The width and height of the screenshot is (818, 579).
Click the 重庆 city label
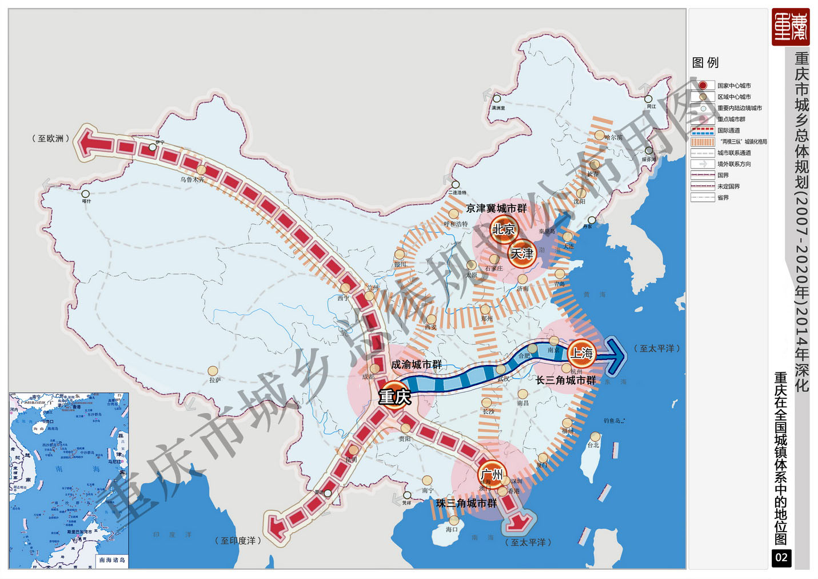[x=394, y=396]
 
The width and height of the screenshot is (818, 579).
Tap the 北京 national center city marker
[x=504, y=229]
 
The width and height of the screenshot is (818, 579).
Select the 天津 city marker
[x=522, y=253]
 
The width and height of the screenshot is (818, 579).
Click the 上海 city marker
[x=582, y=353]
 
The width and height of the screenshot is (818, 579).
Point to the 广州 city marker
[x=492, y=474]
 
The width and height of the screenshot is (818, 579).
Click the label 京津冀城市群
[x=496, y=208]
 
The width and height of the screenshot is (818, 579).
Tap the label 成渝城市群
[x=416, y=364]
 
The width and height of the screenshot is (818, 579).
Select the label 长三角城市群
[x=565, y=380]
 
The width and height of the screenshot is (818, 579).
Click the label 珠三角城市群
[x=466, y=503]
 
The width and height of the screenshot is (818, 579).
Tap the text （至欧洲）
[x=51, y=138]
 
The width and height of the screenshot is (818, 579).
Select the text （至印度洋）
[x=238, y=541]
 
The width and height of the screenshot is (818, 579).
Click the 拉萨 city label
[x=215, y=380]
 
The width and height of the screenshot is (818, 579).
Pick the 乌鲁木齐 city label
[x=192, y=179]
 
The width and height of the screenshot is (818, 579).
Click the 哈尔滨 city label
[x=613, y=137]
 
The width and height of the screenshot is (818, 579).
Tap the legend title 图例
[x=705, y=62]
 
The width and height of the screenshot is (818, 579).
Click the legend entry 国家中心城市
[x=734, y=86]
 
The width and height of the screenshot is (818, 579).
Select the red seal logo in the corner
[x=791, y=27]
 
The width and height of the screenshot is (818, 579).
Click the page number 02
[x=781, y=558]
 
